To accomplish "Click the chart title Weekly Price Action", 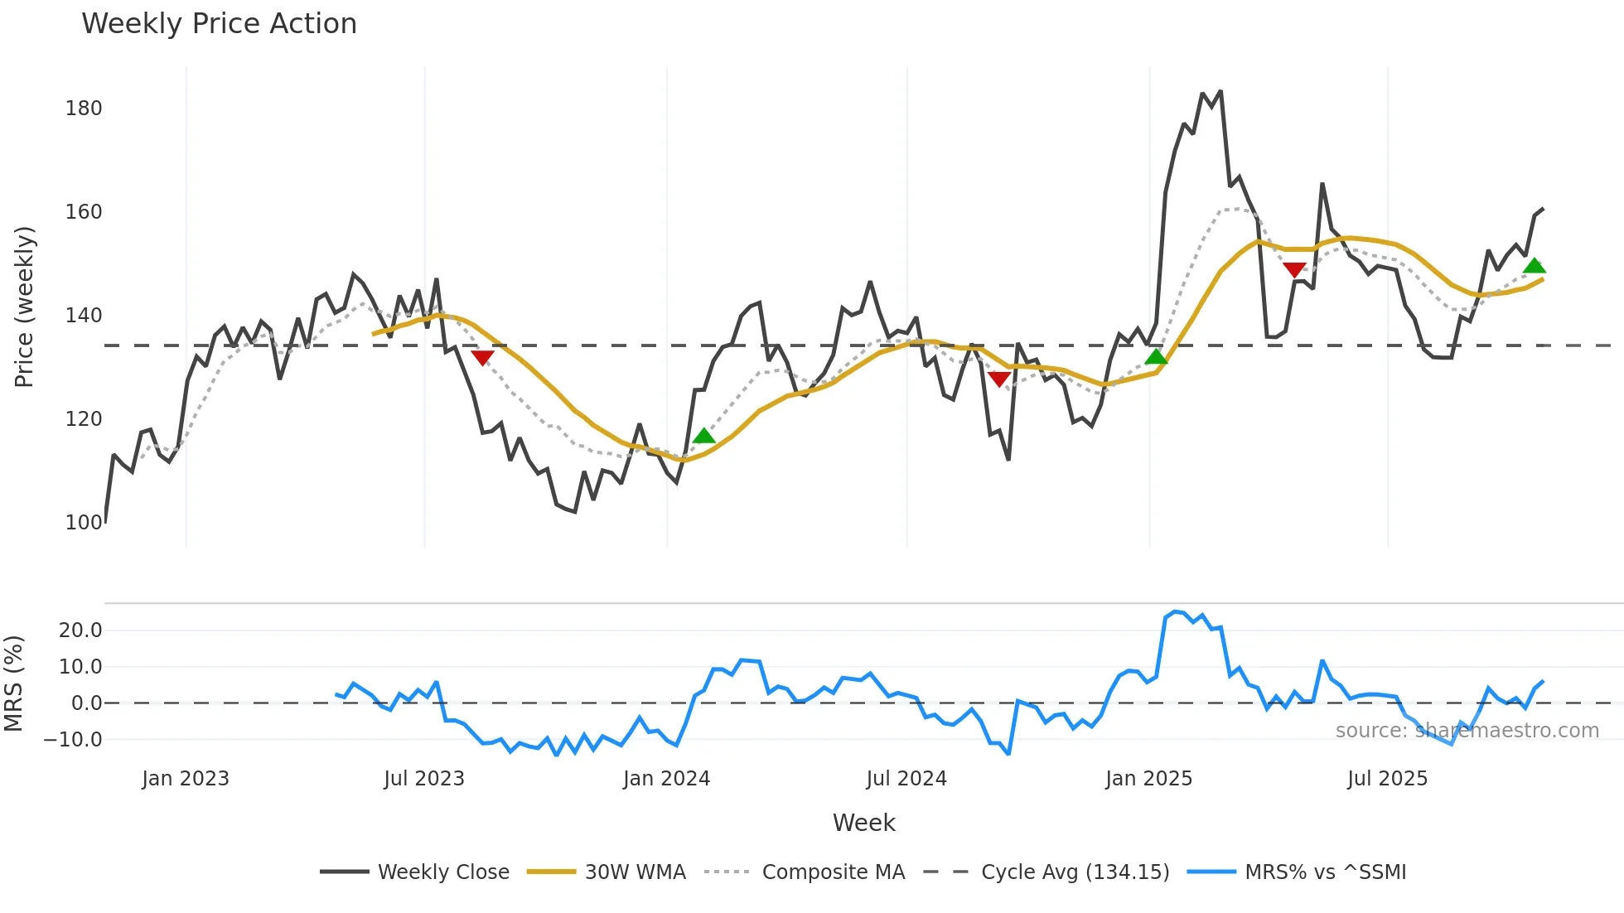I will [x=219, y=24].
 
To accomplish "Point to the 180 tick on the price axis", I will [x=84, y=109].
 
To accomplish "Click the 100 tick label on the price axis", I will [x=84, y=523].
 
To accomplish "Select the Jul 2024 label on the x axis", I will [x=906, y=779].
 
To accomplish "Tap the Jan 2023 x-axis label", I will [x=186, y=779].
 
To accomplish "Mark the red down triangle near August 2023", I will [x=482, y=357].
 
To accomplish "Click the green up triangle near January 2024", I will [x=703, y=437].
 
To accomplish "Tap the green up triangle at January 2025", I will [x=1156, y=357].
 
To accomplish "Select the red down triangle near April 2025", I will [x=1294, y=270].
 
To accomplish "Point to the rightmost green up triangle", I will [x=1534, y=266].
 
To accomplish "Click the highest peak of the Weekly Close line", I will [x=1220, y=91].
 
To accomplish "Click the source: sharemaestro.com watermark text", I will [x=1467, y=731].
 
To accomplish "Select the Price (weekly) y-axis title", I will [x=25, y=307].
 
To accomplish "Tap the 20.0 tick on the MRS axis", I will [x=80, y=630].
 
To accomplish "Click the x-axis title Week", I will [x=863, y=823].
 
